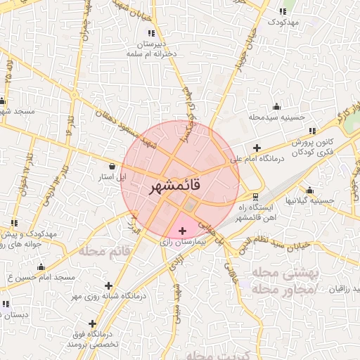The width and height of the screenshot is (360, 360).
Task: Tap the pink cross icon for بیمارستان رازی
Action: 183,231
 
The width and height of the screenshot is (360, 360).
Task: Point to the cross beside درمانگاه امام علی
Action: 257,148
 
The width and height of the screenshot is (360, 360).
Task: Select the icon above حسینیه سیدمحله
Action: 276,107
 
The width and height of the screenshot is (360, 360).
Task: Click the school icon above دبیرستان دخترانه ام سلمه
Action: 150,32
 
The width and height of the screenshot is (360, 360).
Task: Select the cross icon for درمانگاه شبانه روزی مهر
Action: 108,285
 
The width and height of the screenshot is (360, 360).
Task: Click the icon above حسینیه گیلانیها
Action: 309,191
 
